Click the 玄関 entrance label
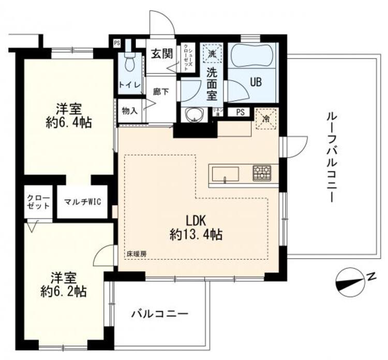161,53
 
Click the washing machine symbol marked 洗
212,52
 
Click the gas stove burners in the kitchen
262,172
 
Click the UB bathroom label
256,81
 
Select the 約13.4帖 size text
196,234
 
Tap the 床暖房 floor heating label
137,254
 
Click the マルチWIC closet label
82,201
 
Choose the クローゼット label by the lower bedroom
39,201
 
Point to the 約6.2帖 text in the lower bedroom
66,291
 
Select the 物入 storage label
129,110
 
